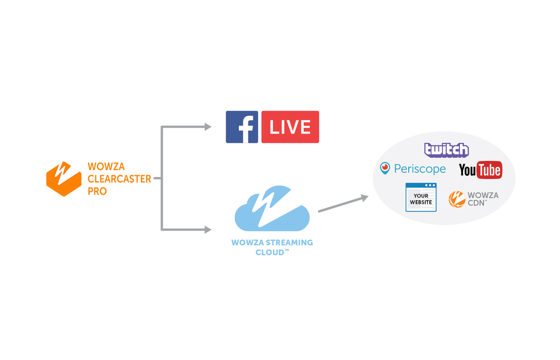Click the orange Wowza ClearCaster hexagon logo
64,179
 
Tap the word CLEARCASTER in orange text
119,179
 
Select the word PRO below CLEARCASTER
97,192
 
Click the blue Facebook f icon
242,127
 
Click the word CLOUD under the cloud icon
270,252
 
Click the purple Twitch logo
446,150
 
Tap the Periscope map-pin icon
385,168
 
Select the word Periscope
420,169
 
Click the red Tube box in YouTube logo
489,170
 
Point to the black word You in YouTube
467,170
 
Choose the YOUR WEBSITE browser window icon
421,197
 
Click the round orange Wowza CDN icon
457,199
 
